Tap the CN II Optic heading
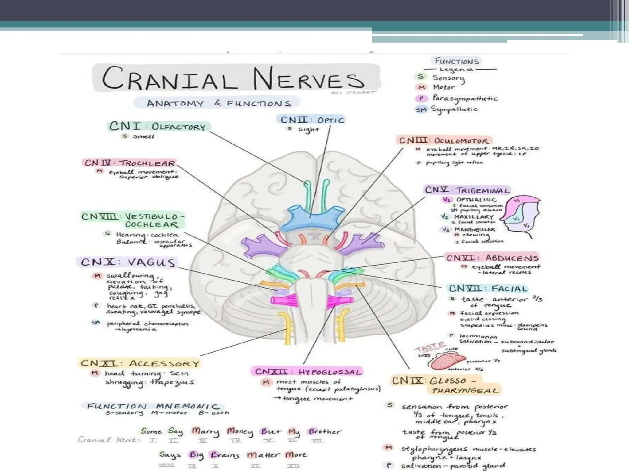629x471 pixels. point(312,120)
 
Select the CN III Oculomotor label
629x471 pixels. point(443,141)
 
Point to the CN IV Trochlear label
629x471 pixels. point(130,163)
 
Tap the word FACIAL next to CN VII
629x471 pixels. point(509,289)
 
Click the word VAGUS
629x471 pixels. point(151,262)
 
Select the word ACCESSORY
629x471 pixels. point(164,364)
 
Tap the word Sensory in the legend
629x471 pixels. point(449,78)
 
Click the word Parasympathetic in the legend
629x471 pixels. point(465,98)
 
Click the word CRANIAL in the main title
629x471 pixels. point(166,78)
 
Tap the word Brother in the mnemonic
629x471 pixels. point(325,432)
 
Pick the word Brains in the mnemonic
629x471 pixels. point(225,455)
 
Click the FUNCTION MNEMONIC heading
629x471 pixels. point(153,407)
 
